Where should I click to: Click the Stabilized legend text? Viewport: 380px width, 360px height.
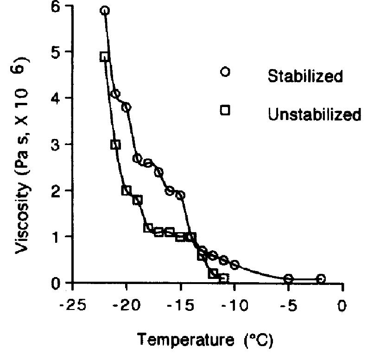tap(305, 76)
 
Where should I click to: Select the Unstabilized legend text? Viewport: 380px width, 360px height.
tap(314, 114)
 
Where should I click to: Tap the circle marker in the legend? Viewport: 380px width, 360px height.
tap(225, 72)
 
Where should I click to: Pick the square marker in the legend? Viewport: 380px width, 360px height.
tap(225, 110)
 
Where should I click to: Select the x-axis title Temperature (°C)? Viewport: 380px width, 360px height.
tap(204, 341)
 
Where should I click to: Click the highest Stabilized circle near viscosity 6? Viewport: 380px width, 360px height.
tap(105, 11)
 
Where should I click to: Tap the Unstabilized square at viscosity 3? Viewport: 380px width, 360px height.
tap(115, 145)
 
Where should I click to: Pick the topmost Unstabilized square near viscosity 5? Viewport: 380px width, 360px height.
tap(104, 57)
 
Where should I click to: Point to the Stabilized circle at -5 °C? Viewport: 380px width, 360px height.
tap(289, 278)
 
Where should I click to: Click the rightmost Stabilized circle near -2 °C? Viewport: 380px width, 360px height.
tap(321, 278)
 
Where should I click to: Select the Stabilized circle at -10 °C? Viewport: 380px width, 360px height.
tap(234, 265)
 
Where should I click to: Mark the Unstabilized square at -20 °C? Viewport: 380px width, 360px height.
tap(126, 190)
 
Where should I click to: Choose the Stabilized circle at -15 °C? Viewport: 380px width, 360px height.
tap(181, 195)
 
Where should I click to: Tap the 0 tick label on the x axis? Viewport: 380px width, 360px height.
tap(342, 306)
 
